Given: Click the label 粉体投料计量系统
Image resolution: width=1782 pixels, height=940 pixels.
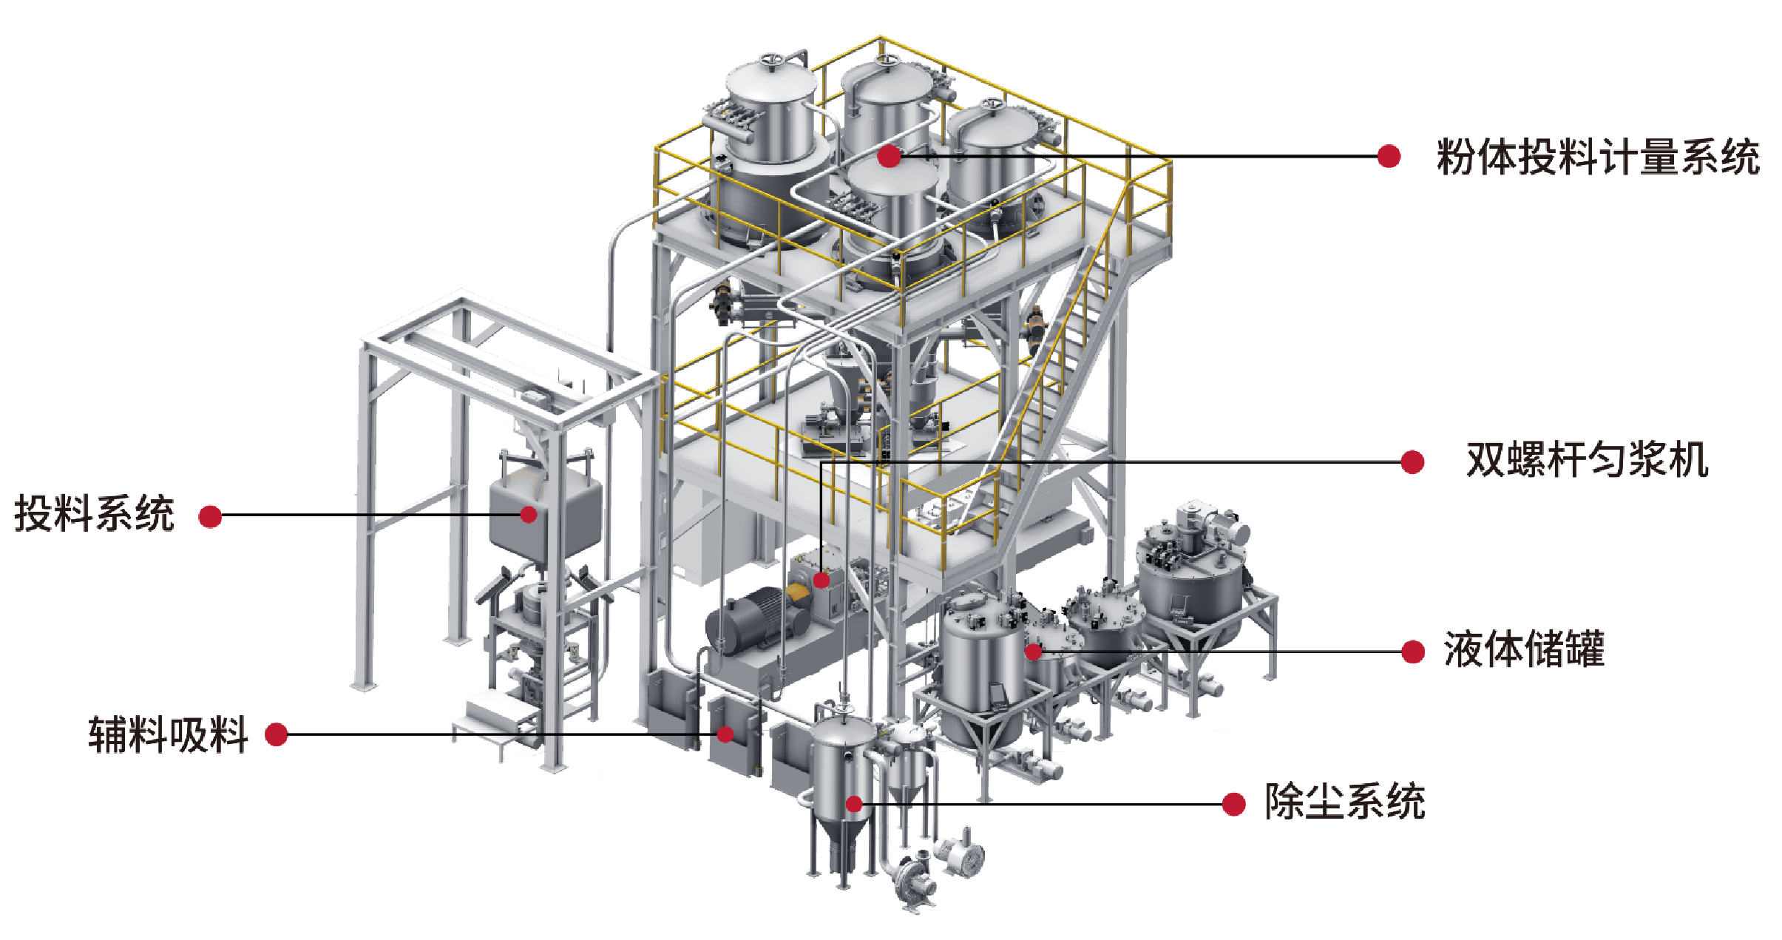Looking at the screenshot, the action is [1597, 157].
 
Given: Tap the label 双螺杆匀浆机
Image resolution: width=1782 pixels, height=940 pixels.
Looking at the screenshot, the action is [1587, 460].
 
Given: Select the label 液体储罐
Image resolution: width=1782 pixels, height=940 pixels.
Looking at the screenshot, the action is [1524, 649].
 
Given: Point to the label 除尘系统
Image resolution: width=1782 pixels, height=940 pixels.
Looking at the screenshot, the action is [1344, 802].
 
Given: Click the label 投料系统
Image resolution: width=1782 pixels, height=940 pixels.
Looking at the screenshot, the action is [94, 513].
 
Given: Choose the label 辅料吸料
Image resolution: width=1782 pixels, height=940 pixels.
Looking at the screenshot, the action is [168, 734].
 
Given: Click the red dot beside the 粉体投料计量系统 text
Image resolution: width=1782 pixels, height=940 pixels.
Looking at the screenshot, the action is [1389, 156].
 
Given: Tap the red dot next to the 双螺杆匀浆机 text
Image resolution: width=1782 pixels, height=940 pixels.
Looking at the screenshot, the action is [1412, 461].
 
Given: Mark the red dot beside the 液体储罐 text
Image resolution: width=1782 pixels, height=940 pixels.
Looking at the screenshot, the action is [1413, 652].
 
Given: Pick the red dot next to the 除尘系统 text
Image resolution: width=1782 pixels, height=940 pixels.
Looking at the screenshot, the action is [1233, 804].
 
